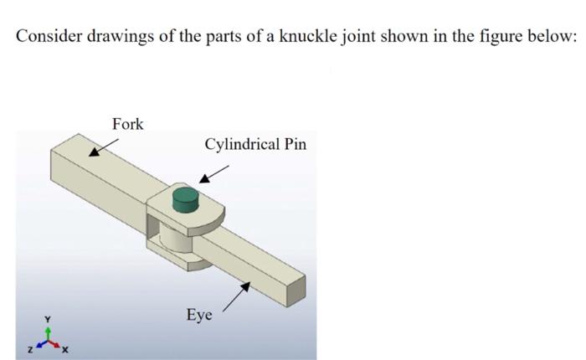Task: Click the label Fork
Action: tap(128, 124)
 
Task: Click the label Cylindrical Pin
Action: tap(255, 144)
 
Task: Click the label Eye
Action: tap(199, 316)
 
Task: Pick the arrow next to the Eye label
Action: tap(237, 296)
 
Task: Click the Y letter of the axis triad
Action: tap(49, 318)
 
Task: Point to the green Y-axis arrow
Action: tap(49, 332)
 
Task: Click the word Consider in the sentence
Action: tap(46, 38)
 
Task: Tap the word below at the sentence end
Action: tap(555, 38)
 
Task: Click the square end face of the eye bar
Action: tap(293, 293)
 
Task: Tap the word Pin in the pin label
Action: tap(295, 144)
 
